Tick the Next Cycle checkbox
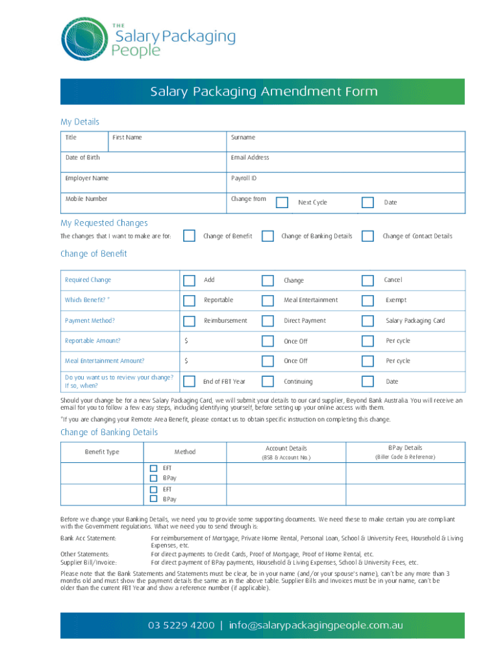pyautogui.click(x=282, y=202)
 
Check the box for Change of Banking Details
pyautogui.click(x=268, y=236)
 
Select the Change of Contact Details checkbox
pyautogui.click(x=368, y=236)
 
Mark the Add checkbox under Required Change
pyautogui.click(x=189, y=280)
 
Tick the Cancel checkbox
pyautogui.click(x=368, y=280)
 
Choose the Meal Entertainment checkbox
pyautogui.click(x=268, y=300)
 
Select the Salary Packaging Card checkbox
pyautogui.click(x=368, y=320)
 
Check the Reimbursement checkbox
pyautogui.click(x=189, y=320)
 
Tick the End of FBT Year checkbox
pyautogui.click(x=189, y=381)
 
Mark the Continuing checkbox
pyautogui.click(x=268, y=381)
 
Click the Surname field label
pyautogui.click(x=243, y=137)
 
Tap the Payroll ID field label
pyautogui.click(x=244, y=178)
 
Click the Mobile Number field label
pyautogui.click(x=86, y=199)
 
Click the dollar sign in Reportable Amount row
pyautogui.click(x=186, y=341)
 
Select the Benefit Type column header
pyautogui.click(x=102, y=452)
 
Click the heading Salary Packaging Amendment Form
pyautogui.click(x=264, y=91)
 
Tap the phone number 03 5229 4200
pyautogui.click(x=181, y=625)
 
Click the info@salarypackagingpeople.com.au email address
pyautogui.click(x=316, y=625)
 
